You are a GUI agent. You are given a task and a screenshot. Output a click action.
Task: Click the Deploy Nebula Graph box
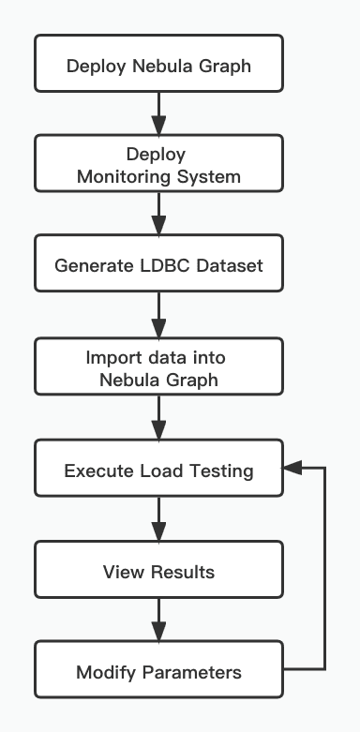coord(158,66)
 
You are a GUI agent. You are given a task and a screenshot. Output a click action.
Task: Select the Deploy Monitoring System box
coord(158,164)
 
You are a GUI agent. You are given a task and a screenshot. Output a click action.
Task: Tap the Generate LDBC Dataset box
coord(158,265)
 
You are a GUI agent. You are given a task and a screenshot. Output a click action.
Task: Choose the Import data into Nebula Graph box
coord(158,367)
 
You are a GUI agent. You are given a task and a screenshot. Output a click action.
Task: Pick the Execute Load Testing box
coord(158,470)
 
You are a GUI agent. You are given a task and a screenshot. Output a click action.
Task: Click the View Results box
coord(158,571)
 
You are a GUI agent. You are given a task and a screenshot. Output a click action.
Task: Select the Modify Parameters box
coord(158,671)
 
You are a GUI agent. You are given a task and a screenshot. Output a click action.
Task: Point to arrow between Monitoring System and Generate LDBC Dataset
coord(158,215)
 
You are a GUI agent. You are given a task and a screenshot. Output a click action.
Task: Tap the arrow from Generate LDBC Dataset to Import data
coord(158,317)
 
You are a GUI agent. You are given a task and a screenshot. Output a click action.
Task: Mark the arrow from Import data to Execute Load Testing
coord(158,419)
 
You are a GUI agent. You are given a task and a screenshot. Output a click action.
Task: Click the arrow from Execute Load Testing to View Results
coord(158,520)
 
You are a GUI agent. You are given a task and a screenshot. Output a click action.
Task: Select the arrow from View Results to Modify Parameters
coord(158,621)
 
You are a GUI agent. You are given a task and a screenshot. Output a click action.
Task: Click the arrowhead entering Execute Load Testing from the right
coord(292,467)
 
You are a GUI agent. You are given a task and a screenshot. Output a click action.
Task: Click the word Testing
coord(220,471)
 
